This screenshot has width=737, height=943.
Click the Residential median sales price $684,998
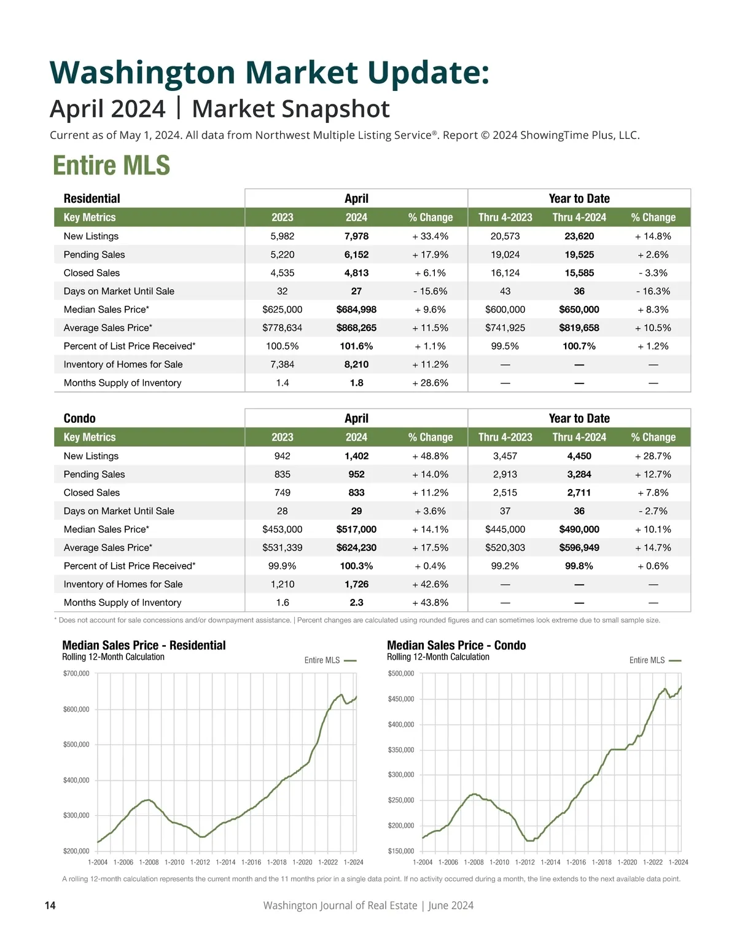356,310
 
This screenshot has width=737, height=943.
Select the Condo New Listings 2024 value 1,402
356,456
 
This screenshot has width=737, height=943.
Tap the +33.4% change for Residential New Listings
430,236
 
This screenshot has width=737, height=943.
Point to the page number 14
50,906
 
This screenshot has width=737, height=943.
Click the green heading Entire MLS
111,165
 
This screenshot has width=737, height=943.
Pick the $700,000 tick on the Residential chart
76,673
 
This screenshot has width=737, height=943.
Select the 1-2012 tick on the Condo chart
524,863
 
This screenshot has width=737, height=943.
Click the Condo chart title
456,645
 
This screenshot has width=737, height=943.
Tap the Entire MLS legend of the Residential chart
330,660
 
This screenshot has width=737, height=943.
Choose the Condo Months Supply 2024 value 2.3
356,603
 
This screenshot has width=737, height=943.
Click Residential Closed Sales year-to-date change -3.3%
653,273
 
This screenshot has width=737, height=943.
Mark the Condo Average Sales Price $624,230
356,547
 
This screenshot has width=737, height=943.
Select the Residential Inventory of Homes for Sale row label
123,364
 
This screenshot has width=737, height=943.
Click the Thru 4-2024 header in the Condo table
579,437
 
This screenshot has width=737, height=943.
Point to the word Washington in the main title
142,72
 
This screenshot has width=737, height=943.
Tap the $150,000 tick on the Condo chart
401,851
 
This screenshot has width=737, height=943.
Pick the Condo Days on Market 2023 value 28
283,511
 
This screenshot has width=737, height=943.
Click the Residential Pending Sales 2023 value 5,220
283,254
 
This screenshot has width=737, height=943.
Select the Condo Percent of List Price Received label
130,566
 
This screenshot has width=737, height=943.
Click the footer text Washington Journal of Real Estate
340,906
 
